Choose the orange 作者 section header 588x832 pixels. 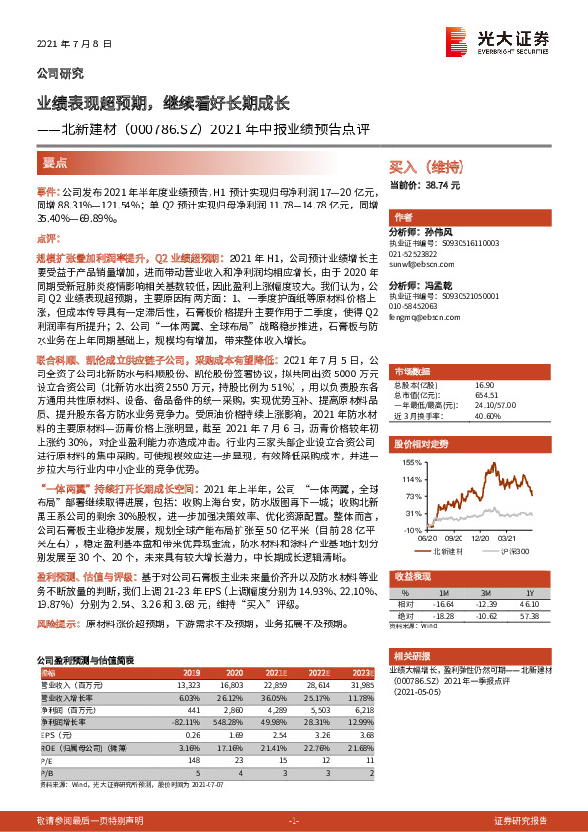(403, 217)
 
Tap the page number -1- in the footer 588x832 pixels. (294, 821)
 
